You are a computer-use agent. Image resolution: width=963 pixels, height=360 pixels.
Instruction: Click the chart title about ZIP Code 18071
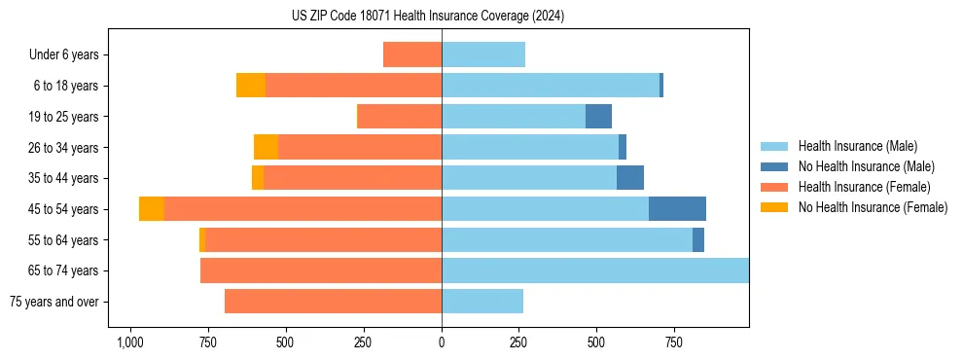(428, 16)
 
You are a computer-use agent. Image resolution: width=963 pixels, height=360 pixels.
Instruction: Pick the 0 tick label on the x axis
(442, 342)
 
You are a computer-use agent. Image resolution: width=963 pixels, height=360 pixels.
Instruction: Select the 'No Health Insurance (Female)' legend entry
(873, 207)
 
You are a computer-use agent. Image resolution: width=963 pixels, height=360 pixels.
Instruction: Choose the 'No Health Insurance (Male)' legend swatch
(774, 166)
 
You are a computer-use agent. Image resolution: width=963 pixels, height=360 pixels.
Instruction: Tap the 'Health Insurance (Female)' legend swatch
(774, 187)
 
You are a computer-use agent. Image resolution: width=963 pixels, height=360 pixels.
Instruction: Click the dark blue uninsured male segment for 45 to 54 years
(677, 209)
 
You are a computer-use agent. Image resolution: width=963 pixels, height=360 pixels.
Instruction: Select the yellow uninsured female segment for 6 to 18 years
(251, 86)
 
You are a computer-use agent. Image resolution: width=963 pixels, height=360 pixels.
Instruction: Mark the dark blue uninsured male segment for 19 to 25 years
(598, 117)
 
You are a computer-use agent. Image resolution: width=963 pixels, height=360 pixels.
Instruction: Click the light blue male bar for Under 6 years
(483, 54)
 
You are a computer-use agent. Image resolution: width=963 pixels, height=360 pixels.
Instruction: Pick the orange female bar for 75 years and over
(333, 302)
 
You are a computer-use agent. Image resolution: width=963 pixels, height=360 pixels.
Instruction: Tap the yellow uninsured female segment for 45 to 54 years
(152, 209)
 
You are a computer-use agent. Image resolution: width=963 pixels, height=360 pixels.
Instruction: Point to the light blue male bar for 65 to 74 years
(595, 270)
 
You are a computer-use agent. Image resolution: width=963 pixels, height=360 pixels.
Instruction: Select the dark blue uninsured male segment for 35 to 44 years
(629, 178)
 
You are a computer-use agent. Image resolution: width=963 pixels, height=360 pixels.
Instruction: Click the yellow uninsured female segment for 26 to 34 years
(266, 147)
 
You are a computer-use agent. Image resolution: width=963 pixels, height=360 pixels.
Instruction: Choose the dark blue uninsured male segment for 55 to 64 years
(697, 239)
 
